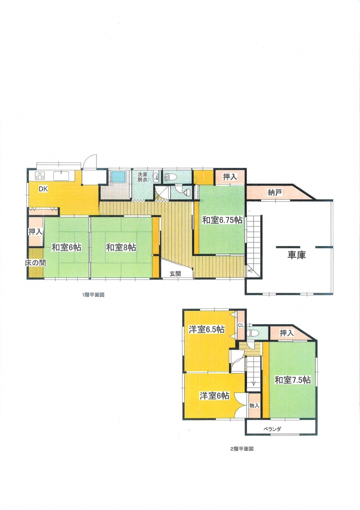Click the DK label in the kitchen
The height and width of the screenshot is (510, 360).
point(43,189)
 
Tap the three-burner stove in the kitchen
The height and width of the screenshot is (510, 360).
point(40,176)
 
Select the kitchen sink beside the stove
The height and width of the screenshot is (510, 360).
point(60,176)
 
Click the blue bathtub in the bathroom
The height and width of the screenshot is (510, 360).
point(119,177)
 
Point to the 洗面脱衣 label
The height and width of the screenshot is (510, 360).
point(142,177)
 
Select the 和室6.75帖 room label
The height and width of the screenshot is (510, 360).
point(223,220)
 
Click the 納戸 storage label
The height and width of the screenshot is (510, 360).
point(275,193)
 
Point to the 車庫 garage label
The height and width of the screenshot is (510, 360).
point(297,255)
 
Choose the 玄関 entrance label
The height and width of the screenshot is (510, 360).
point(175,273)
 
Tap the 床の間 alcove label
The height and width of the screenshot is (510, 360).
point(35,263)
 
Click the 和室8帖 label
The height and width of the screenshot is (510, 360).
point(121,248)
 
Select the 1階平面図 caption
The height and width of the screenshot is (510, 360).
point(93,295)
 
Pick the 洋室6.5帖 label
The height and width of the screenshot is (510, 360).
point(207,330)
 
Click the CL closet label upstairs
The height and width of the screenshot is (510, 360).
point(241,325)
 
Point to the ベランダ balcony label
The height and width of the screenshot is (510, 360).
point(272,429)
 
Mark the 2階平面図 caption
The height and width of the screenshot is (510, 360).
point(241,449)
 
